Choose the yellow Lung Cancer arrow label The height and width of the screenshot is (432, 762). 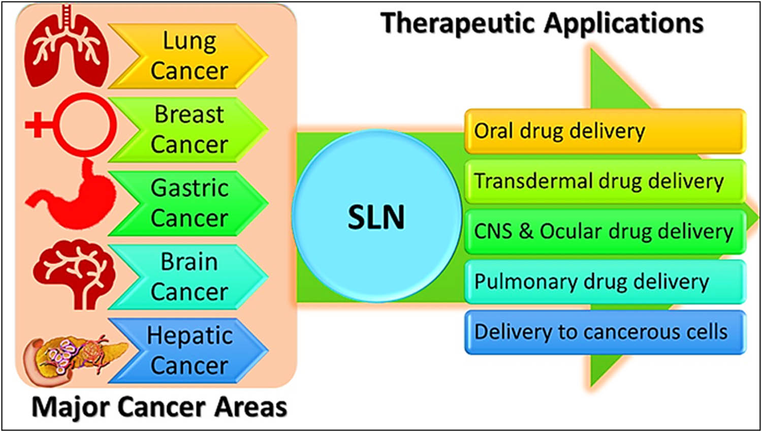point(189,56)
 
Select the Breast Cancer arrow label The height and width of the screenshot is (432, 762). point(189,130)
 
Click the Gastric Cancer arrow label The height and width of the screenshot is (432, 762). point(189,203)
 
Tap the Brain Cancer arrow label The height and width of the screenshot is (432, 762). point(189,277)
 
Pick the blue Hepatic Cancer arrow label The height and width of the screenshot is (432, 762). point(189,351)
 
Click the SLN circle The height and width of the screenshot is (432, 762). point(376,217)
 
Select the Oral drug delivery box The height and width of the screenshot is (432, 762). point(605,131)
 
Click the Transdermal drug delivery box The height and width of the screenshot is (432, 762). point(605,181)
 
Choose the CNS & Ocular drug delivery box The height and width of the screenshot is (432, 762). point(605,232)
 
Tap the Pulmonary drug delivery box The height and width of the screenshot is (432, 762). point(605,282)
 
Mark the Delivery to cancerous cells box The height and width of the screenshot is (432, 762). point(605,332)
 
